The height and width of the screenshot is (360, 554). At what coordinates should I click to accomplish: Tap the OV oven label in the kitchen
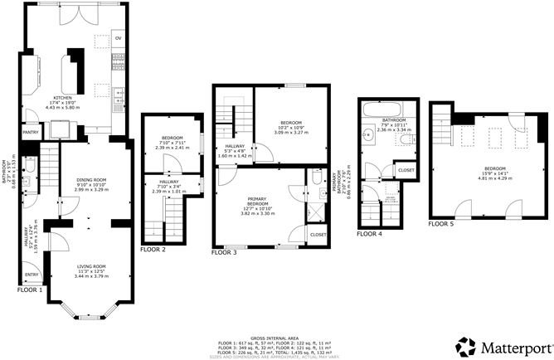click(x=119, y=38)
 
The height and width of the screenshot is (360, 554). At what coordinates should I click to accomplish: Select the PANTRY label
click(x=31, y=131)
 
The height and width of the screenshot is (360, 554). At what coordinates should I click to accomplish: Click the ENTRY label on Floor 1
click(x=32, y=275)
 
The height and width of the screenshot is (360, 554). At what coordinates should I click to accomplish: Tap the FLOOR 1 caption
click(x=31, y=290)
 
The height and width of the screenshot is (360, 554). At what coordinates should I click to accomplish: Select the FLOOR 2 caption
click(x=153, y=249)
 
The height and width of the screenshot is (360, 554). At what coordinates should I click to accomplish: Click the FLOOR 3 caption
click(x=223, y=251)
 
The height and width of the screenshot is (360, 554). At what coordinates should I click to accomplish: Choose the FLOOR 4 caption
click(x=369, y=234)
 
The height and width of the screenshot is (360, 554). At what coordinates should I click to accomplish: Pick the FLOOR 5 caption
click(x=440, y=223)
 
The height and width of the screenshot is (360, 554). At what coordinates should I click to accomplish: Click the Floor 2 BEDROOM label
click(x=172, y=138)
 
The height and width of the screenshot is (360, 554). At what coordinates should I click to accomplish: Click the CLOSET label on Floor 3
click(x=318, y=235)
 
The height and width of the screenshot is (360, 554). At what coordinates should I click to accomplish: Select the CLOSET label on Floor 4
click(x=406, y=170)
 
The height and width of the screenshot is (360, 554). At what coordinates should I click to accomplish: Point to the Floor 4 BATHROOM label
click(x=394, y=119)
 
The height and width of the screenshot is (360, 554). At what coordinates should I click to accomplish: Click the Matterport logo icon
click(x=464, y=345)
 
